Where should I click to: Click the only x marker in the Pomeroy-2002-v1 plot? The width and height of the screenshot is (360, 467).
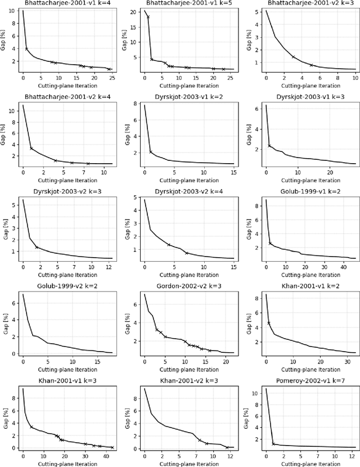[273, 443]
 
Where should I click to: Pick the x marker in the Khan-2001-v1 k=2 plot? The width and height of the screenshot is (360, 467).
[269, 323]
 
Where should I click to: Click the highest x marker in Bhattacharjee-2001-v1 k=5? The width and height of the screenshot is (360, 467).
[148, 17]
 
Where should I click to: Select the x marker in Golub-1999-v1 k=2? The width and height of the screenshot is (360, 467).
[270, 244]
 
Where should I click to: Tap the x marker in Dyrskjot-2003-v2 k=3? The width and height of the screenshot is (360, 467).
[37, 247]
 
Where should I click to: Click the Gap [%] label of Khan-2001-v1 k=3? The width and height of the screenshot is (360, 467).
[5, 416]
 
